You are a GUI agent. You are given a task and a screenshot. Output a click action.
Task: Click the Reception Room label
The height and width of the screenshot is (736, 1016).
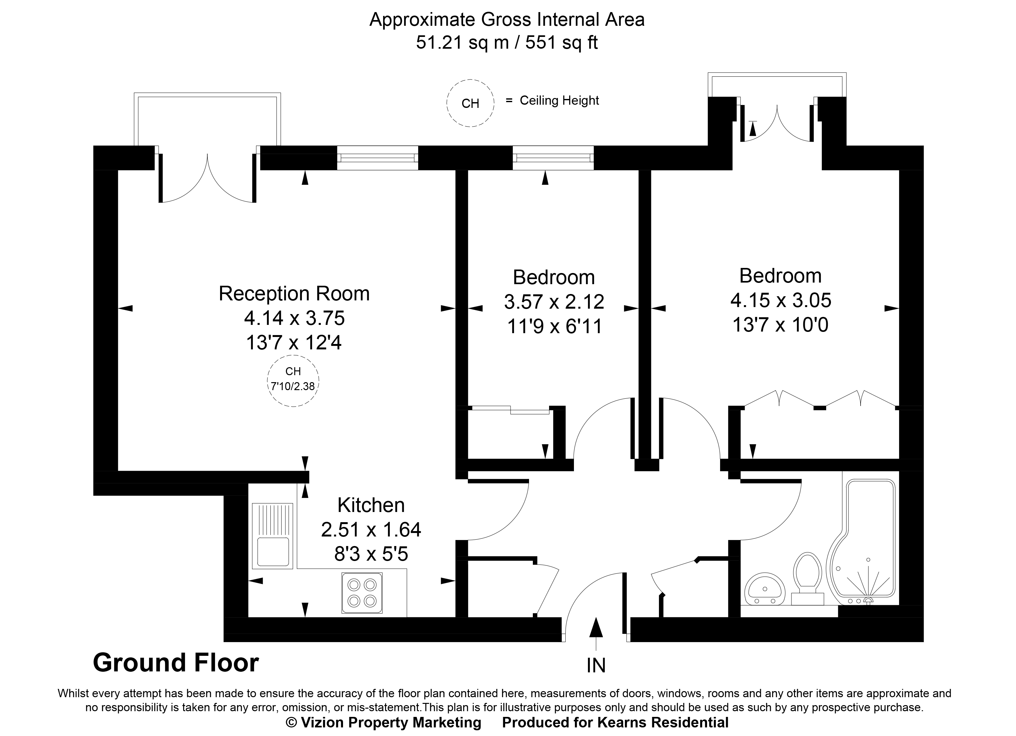tap(294, 294)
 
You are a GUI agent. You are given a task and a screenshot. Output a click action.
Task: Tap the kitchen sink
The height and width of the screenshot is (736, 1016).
tap(272, 536)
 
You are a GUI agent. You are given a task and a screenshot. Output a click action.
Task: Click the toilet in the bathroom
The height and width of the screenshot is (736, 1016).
tap(807, 578)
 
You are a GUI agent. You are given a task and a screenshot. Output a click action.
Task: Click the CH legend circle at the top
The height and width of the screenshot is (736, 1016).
tap(470, 103)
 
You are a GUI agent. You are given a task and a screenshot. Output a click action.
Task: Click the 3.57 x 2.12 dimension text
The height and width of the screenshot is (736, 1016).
tap(554, 302)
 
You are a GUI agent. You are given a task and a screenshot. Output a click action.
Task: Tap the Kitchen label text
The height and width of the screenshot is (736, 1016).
tap(371, 505)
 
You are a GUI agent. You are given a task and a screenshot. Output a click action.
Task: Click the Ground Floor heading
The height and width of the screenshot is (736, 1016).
tap(175, 663)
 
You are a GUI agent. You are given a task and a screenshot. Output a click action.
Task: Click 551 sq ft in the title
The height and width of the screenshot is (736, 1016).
tap(562, 43)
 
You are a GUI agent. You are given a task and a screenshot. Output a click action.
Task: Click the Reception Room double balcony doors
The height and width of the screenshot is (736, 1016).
tap(207, 179)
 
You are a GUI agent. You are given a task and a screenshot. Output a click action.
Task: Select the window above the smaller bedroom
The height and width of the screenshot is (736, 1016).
tap(553, 158)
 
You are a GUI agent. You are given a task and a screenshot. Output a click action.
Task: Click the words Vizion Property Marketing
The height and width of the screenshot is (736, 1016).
tap(390, 722)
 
